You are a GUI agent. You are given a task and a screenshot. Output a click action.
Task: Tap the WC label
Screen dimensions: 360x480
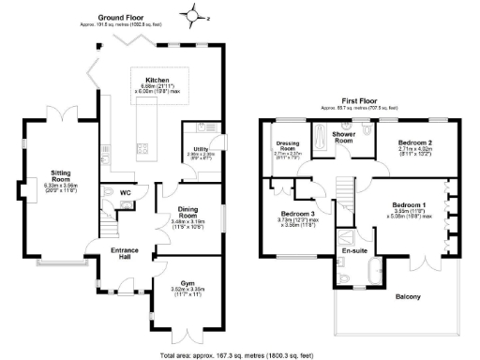click(126, 193)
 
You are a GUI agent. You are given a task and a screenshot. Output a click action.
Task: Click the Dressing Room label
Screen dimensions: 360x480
click(288, 146)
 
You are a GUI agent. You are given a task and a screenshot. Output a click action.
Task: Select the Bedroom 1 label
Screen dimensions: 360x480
click(409, 204)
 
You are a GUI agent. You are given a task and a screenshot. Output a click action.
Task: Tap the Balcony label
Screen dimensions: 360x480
click(407, 297)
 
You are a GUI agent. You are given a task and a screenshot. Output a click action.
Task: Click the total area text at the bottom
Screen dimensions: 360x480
click(240, 355)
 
